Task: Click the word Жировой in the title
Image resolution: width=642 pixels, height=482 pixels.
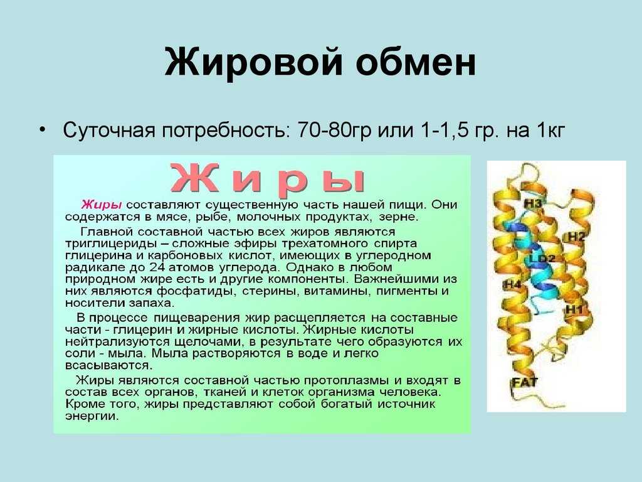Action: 253,62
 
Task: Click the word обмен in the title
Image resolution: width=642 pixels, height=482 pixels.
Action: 415,62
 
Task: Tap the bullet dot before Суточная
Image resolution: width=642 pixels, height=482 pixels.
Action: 42,129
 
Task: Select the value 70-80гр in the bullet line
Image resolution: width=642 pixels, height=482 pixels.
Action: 334,130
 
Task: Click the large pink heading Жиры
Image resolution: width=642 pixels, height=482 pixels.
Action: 268,179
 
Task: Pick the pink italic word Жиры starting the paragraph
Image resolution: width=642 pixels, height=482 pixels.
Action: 101,205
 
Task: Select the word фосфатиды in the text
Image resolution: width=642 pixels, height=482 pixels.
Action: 194,291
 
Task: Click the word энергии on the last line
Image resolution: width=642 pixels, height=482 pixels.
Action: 92,417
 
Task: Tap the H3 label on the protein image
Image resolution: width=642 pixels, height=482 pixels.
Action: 533,203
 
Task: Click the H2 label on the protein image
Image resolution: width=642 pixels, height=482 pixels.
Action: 577,237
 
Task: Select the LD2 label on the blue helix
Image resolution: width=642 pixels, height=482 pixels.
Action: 542,259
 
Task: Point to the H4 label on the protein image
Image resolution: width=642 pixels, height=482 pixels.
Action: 513,284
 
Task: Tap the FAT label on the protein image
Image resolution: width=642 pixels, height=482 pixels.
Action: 525,382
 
